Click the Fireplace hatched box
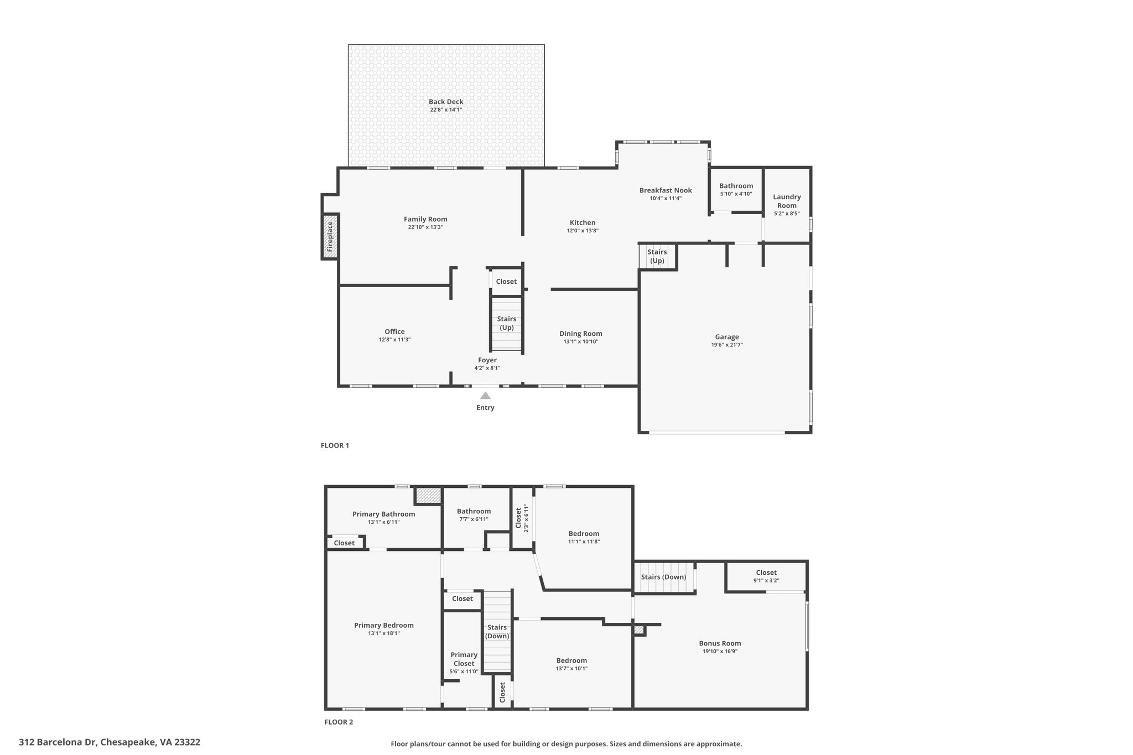[330, 236]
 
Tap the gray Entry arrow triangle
[485, 395]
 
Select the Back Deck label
[446, 102]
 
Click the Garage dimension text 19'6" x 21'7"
[727, 345]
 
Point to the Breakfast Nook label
[666, 190]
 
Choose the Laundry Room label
[787, 201]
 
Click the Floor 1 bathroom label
[736, 186]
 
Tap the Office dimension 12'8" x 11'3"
[394, 340]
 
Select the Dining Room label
[581, 334]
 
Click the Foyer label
[487, 360]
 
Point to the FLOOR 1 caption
[335, 445]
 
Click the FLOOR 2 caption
[339, 722]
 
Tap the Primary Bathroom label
[383, 514]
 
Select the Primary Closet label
[464, 659]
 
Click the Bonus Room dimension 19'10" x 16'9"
[720, 652]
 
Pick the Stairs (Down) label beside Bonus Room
[663, 577]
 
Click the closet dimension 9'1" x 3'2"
[766, 581]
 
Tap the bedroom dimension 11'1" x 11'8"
[584, 542]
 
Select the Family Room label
[425, 219]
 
